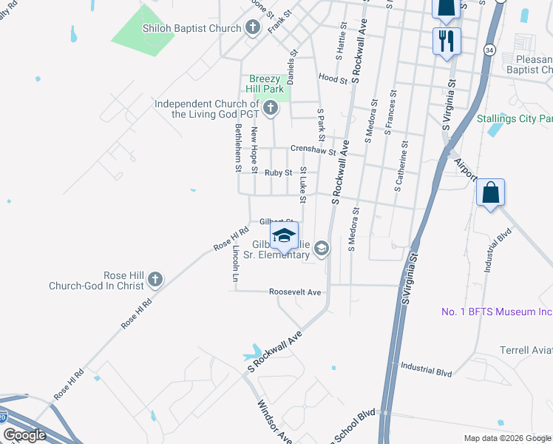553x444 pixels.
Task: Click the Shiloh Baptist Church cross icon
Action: coord(253,28)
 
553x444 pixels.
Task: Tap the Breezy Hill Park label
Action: coord(265,84)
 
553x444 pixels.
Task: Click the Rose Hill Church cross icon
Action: coord(155,280)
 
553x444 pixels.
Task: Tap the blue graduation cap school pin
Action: coord(283,236)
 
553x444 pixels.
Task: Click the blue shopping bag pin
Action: coord(490,194)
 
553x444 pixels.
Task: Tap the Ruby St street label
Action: coord(279,172)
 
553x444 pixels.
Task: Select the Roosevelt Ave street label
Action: coord(295,292)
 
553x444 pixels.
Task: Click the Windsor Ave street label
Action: coord(274,422)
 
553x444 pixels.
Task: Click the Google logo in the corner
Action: coord(24,435)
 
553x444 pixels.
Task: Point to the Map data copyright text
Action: coord(507,438)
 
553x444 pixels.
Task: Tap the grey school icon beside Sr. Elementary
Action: coord(322,249)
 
